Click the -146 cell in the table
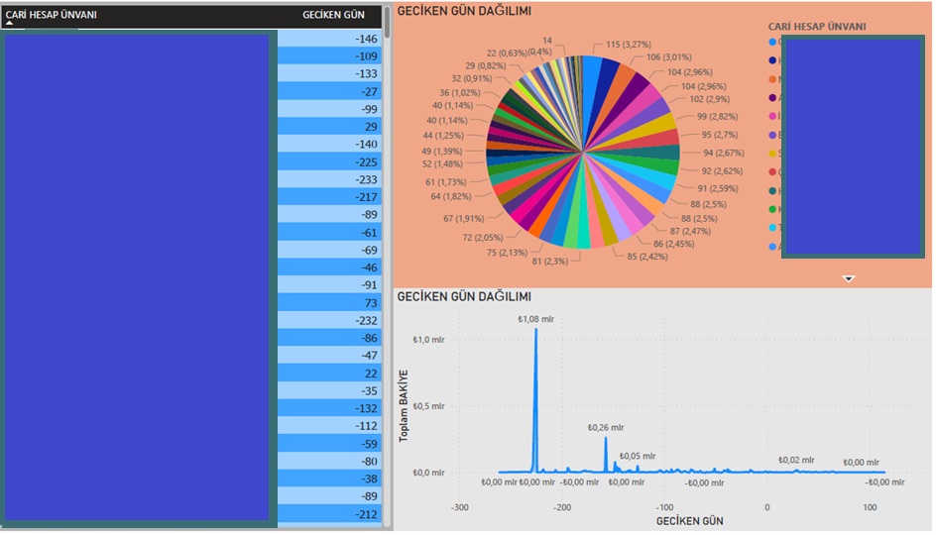tap(366, 39)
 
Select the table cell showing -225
tap(366, 162)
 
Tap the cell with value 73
tap(371, 303)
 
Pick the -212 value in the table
tap(366, 514)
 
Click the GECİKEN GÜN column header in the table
tap(333, 16)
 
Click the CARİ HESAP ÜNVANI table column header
tap(51, 16)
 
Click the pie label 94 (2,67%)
tap(723, 153)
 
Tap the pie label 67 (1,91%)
tap(464, 218)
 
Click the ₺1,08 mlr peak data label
tap(536, 319)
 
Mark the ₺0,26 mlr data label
tap(606, 428)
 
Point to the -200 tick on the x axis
tap(562, 507)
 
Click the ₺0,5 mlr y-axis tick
tap(433, 406)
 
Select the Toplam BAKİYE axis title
tap(405, 405)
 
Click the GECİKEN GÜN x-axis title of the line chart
tap(690, 521)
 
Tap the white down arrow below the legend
tap(848, 279)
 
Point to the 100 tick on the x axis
tap(870, 507)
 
